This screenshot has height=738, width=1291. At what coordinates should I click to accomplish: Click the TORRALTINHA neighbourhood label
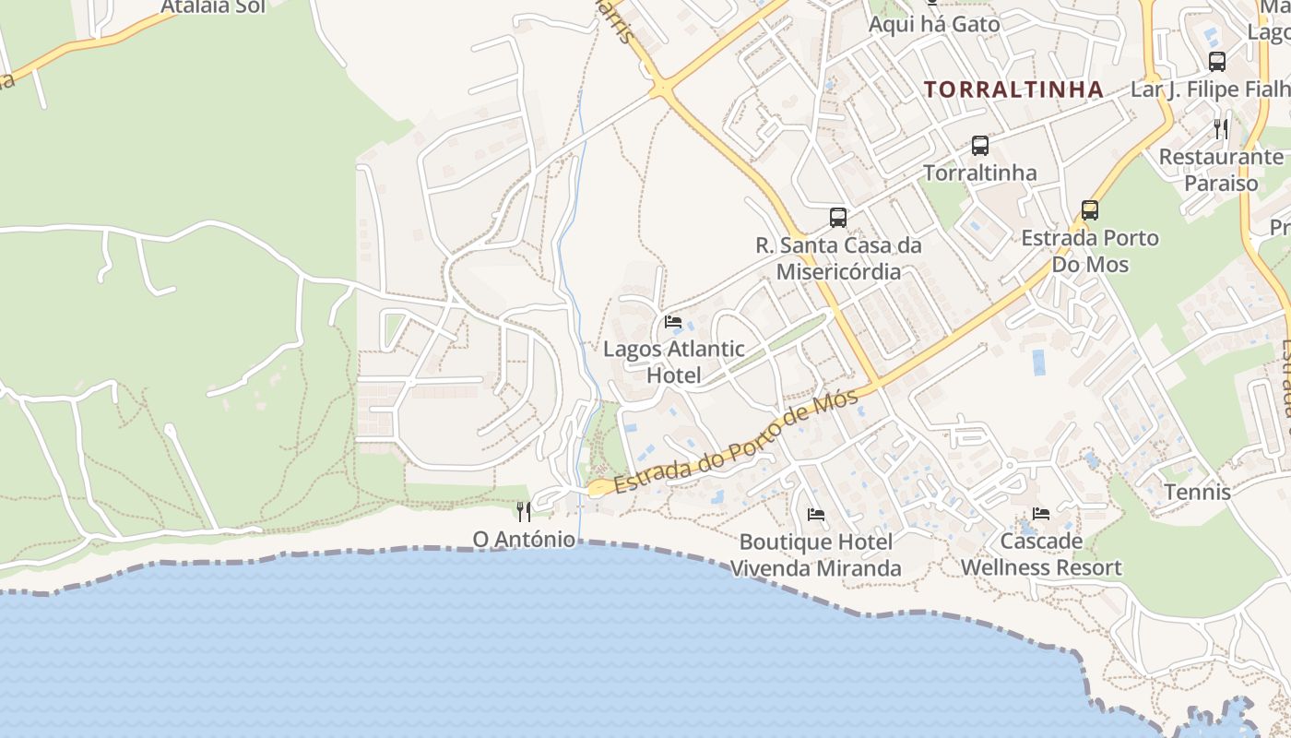point(1013,89)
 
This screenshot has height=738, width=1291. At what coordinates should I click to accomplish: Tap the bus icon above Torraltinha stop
point(979,146)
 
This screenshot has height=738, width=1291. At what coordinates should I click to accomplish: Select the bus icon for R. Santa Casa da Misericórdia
point(837,218)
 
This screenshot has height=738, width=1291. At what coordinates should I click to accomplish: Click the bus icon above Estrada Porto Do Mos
point(1089,210)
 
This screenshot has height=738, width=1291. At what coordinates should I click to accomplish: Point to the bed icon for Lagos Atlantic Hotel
point(673,322)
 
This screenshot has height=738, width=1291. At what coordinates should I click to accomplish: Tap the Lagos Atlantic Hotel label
point(673,362)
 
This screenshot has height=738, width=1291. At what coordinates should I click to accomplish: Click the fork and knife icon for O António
point(524,511)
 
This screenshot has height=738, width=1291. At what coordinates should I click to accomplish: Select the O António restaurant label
point(524,539)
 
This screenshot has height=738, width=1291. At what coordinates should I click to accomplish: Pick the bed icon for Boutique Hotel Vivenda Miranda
point(815,514)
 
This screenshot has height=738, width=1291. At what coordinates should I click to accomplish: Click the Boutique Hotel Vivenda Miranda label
point(815,554)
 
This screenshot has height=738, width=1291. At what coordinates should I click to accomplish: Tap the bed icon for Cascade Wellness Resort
point(1041,513)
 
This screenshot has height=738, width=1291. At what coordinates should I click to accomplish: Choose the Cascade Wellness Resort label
point(1041,553)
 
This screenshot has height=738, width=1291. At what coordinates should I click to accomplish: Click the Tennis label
point(1197,492)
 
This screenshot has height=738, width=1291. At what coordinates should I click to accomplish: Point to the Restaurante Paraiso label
point(1221,170)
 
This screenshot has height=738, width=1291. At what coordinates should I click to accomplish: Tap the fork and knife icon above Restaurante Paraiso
point(1221,128)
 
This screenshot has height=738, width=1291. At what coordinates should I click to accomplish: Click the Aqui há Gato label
point(934,24)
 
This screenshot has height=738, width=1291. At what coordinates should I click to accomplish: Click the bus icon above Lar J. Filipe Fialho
point(1217,62)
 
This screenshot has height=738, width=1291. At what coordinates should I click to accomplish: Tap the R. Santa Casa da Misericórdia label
point(838,258)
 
